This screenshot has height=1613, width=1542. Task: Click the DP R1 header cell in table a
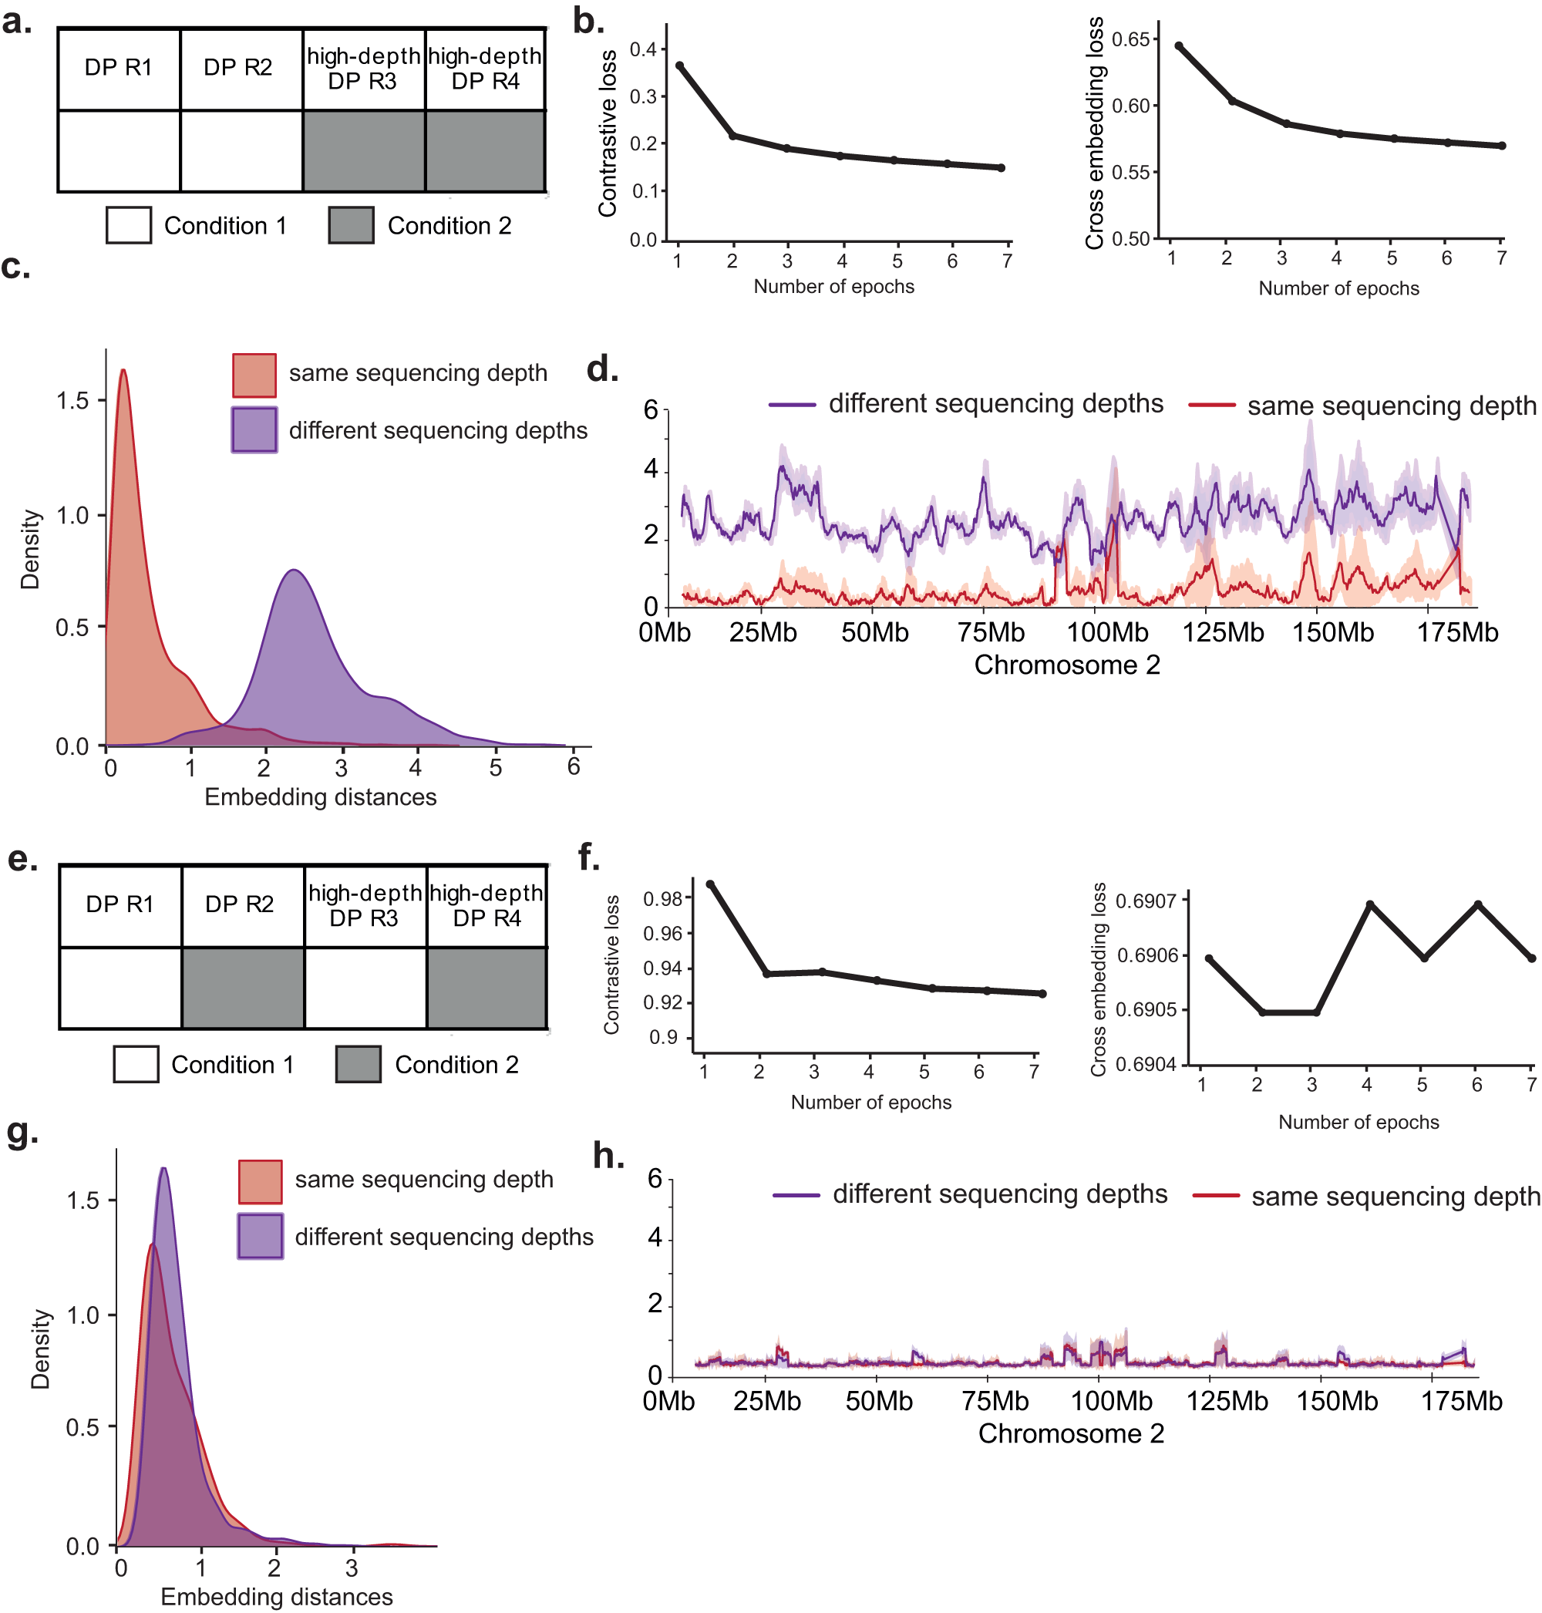(119, 67)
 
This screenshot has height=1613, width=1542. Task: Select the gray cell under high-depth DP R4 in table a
(486, 151)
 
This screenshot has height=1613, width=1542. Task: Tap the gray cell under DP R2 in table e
(242, 988)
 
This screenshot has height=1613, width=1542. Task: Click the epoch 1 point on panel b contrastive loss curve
(680, 65)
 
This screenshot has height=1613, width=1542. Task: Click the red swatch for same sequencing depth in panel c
(254, 375)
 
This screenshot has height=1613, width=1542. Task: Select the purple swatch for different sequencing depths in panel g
(260, 1236)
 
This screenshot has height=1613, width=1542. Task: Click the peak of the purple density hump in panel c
(294, 569)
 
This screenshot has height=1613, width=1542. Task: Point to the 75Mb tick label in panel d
(991, 632)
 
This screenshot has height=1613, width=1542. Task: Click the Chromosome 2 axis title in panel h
(1070, 1433)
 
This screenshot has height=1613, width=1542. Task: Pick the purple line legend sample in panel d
(793, 405)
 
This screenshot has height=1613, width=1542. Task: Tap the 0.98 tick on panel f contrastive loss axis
(662, 898)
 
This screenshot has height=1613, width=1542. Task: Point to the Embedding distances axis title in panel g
(276, 1596)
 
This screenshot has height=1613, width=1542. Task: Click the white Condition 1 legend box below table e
(136, 1064)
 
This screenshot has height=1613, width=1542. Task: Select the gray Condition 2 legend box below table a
(351, 225)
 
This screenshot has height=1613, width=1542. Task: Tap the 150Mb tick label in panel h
(1336, 1401)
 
